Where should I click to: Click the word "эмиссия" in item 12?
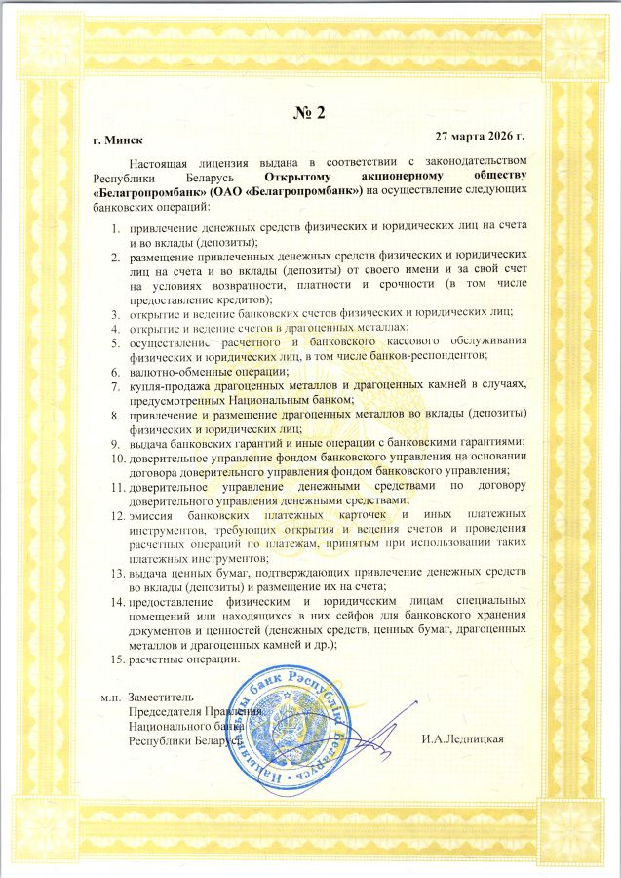156,514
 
